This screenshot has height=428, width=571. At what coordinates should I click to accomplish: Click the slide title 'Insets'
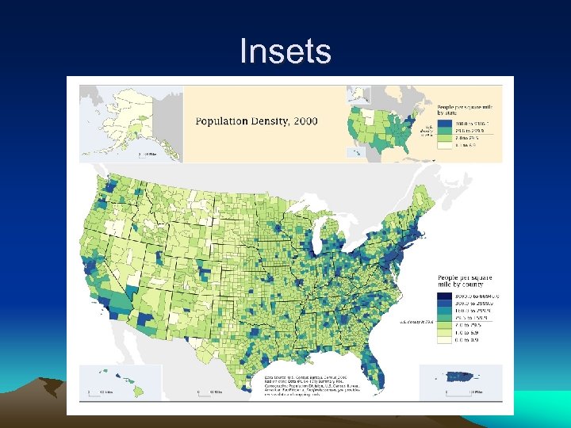coord(285,52)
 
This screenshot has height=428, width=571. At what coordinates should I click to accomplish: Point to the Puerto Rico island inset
coord(461,376)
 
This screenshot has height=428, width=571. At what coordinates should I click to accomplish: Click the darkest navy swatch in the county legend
coord(447,295)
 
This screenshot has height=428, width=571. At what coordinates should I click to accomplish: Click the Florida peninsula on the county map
coord(373,373)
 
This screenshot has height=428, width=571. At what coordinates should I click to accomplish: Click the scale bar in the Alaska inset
coord(148,154)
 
